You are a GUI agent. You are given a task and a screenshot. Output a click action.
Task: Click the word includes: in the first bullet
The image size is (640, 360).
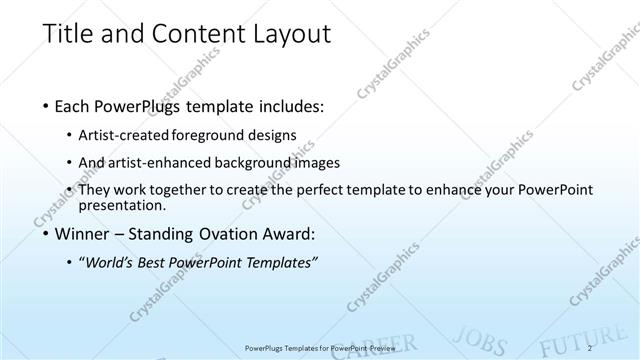pyautogui.click(x=291, y=105)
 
